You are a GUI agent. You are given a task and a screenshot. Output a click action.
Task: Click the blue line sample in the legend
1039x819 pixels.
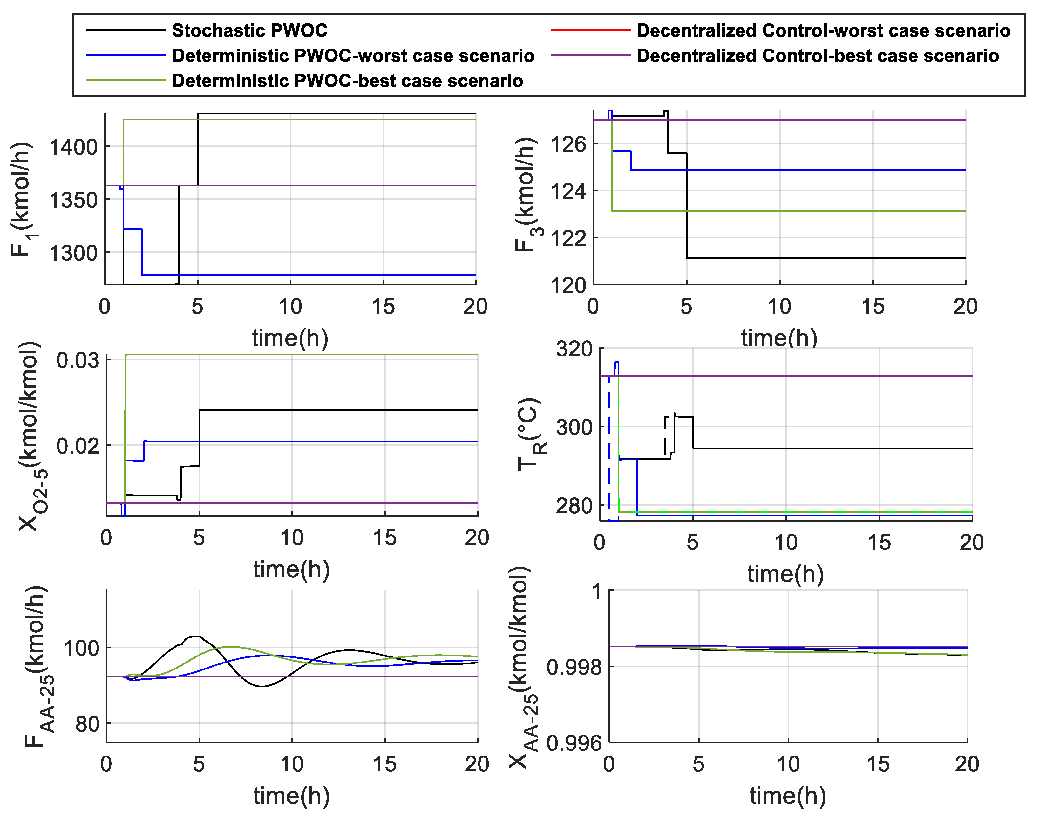click(126, 56)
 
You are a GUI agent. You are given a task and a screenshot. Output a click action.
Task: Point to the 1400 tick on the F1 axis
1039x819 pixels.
click(73, 147)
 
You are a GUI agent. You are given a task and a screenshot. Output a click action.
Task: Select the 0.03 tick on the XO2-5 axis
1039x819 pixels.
click(78, 360)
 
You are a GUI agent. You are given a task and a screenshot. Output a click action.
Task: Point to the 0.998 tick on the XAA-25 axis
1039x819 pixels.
click(574, 667)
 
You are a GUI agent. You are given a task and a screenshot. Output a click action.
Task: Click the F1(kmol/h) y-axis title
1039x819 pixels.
click(22, 199)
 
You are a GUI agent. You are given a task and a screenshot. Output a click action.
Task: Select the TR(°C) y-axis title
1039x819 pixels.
click(530, 434)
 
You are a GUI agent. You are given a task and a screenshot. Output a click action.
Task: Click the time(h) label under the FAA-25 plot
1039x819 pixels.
click(291, 796)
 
